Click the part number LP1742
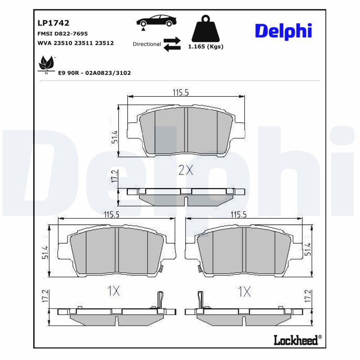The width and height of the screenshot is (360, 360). tap(53, 22)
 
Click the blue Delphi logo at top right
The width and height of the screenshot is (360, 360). tap(283, 31)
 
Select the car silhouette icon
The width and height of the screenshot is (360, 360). tap(156, 21)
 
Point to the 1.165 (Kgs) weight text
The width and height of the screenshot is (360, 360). tap(205, 46)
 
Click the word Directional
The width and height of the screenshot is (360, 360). tap(147, 44)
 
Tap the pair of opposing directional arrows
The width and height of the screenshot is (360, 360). tap(171, 44)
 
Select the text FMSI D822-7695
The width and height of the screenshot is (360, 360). tap(62, 34)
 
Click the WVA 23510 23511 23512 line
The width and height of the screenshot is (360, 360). tap(75, 43)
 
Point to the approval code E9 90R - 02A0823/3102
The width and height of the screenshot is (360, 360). tap(94, 72)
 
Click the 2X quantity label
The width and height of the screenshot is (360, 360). tap(186, 170)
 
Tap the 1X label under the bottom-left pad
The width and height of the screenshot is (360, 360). tap(114, 291)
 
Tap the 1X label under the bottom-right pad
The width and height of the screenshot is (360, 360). tap(244, 291)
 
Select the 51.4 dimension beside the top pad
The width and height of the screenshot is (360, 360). tap(115, 137)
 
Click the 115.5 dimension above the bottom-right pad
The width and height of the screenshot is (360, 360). tap(241, 215)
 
